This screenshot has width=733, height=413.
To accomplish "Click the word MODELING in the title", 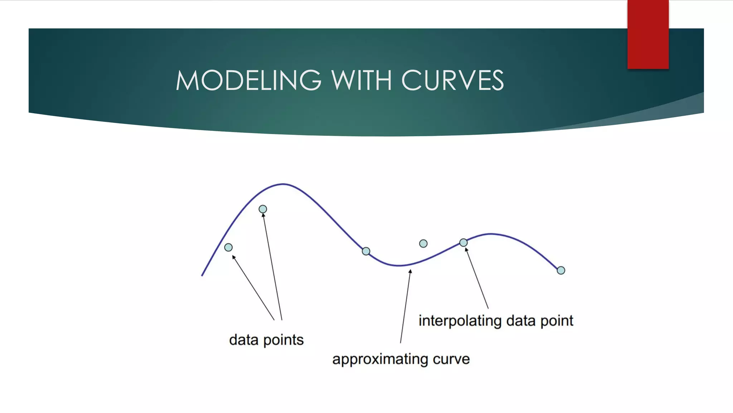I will tap(248, 80).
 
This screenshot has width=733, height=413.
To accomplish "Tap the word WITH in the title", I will tap(361, 80).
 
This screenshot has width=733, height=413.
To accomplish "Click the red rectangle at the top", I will tap(648, 34).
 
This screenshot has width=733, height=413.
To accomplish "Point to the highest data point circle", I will tap(263, 209).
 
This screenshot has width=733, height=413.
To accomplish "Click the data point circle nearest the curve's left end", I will tap(228, 247).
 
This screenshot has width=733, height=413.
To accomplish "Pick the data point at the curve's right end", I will tap(561, 270).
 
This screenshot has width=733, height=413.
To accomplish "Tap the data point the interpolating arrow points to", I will tap(463, 243).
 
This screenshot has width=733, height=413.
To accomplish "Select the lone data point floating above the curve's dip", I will tap(423, 244).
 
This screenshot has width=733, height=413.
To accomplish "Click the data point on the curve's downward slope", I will tap(366, 251).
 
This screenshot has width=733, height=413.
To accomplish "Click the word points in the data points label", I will tap(283, 340).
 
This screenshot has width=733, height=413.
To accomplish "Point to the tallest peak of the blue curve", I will tap(283, 184).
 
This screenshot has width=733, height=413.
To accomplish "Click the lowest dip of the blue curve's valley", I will tap(399, 265).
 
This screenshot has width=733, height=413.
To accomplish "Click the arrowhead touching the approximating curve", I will tap(410, 271).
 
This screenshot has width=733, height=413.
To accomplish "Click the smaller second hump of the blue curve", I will tap(490, 234).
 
